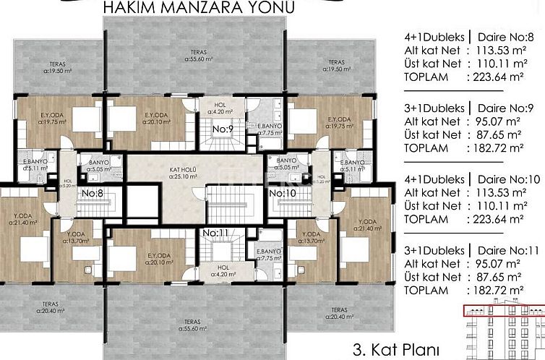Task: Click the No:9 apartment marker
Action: [x=221, y=129]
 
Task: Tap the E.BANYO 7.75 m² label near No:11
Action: [x=268, y=254]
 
